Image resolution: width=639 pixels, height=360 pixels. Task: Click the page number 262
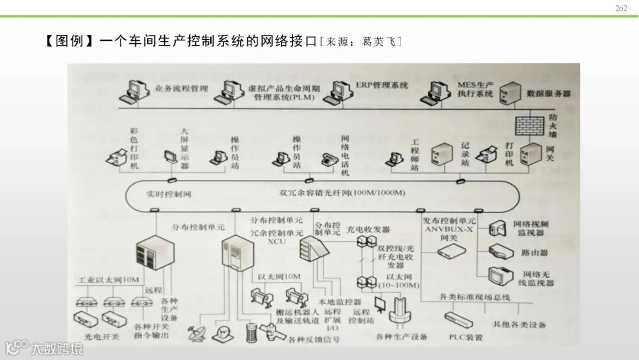tap(621, 8)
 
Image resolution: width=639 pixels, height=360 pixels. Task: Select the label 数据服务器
tap(548, 94)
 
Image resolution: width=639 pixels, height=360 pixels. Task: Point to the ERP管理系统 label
tap(382, 85)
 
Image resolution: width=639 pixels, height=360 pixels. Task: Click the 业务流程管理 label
tap(182, 88)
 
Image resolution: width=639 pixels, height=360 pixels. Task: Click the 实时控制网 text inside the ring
tap(169, 194)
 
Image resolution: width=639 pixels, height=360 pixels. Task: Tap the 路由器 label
tap(534, 252)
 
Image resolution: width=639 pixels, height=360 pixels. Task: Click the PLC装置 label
tap(466, 337)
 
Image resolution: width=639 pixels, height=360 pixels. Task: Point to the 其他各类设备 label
tap(519, 324)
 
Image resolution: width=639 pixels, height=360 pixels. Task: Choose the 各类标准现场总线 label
tap(475, 297)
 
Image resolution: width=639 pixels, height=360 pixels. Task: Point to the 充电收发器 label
tap(368, 229)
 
